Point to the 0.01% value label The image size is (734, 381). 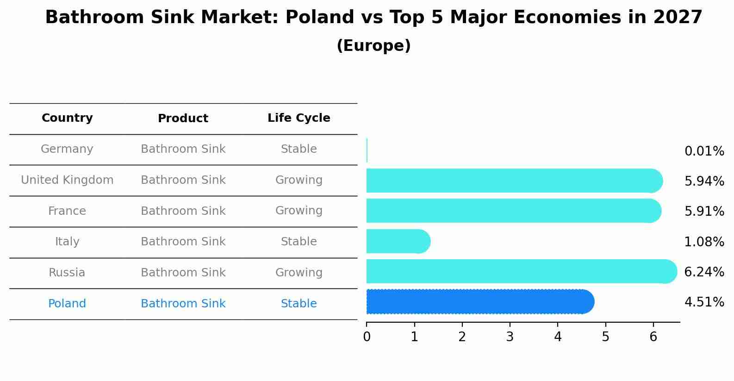point(704,151)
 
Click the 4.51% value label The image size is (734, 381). point(704,302)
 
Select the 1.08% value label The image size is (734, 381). point(704,242)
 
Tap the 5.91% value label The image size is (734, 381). point(704,212)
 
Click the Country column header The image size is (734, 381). point(67,118)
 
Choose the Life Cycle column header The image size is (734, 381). point(299,118)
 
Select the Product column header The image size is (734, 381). point(183,119)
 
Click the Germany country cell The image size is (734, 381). point(67,149)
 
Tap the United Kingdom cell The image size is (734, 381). point(67,180)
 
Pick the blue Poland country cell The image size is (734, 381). point(67,304)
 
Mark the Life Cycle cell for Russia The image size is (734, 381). point(299,273)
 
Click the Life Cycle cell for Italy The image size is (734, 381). point(299,242)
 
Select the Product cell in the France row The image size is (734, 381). point(183,211)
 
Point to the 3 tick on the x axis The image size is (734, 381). point(510,337)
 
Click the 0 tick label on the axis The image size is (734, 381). point(367,337)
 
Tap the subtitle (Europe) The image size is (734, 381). point(373,46)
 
